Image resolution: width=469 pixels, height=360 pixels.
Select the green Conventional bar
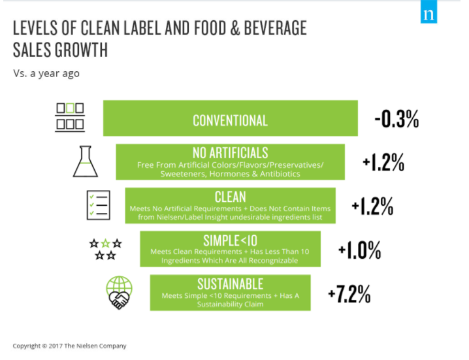tap(230, 119)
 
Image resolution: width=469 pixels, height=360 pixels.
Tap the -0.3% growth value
tap(396, 119)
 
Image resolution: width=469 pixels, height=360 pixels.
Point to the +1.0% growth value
tap(359, 249)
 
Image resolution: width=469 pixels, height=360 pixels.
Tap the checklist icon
tap(98, 206)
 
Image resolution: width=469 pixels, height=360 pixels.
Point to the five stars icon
tap(106, 249)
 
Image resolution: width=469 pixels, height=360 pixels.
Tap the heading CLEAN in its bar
tap(230, 197)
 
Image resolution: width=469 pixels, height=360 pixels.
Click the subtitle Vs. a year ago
tap(46, 73)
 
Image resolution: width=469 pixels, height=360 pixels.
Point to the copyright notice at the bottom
tap(70, 346)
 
